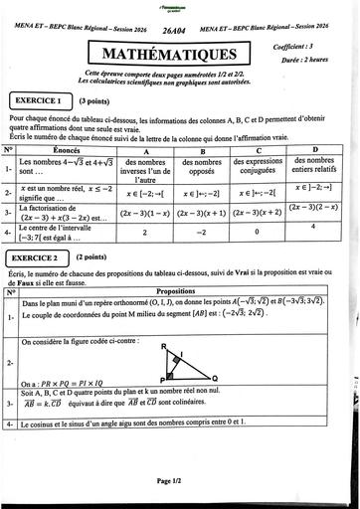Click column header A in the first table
[x=145, y=150]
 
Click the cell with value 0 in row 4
[x=258, y=232]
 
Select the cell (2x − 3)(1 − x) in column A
[x=145, y=213]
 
